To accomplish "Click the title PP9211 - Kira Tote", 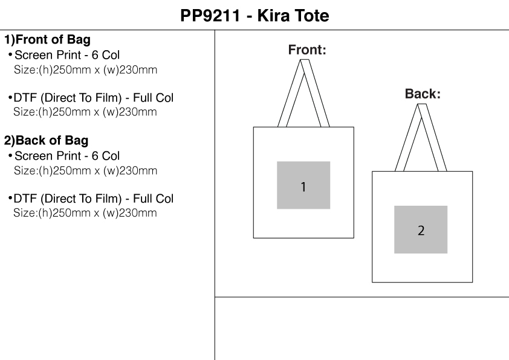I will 255,15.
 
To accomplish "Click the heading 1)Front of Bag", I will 48,41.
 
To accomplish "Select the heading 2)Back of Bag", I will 47,140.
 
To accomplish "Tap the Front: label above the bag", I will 307,50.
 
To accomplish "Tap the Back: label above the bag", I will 423,94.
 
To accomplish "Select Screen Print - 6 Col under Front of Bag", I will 67,56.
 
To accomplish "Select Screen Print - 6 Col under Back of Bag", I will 67,156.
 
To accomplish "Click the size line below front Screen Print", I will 85,70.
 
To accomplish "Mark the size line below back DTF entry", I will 85,213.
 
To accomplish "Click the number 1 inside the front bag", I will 303,186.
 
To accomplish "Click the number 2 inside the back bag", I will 421,231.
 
